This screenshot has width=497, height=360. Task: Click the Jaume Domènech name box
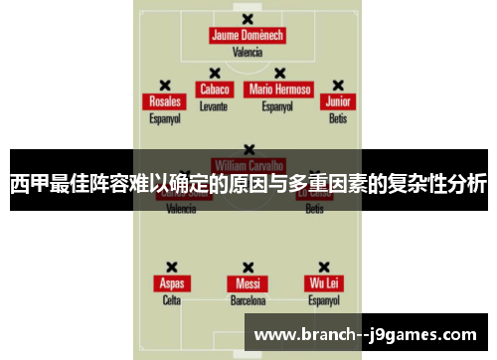tap(248, 36)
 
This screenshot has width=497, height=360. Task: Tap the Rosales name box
tap(165, 101)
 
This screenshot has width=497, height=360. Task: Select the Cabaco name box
tap(214, 89)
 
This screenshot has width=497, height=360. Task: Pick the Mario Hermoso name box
tap(279, 89)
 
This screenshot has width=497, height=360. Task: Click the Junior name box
tap(338, 101)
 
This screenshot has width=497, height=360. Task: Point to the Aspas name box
tap(171, 283)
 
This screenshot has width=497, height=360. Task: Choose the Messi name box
tap(248, 283)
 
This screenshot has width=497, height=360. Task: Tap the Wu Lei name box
tap(324, 283)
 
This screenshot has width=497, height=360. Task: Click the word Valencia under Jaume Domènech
tap(248, 52)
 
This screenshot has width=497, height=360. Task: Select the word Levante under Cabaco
tap(214, 104)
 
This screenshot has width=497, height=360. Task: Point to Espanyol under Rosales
tap(165, 117)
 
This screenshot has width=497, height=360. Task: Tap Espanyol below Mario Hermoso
tap(279, 104)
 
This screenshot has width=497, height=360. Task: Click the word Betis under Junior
tap(338, 117)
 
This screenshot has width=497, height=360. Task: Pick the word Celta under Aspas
tap(171, 299)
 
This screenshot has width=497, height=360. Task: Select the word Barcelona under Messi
tap(248, 299)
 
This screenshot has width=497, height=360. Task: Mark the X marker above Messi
tap(248, 267)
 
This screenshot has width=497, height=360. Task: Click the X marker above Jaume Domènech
tap(248, 18)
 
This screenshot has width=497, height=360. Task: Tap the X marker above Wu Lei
tap(324, 267)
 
